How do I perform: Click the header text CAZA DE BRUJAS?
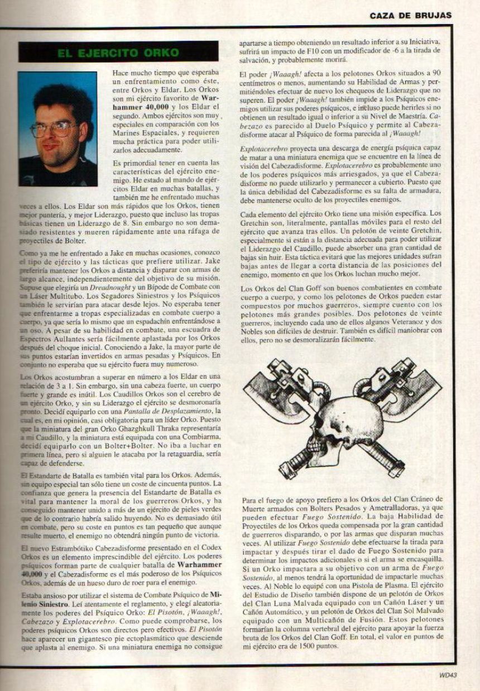(410, 16)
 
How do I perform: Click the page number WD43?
(448, 674)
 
